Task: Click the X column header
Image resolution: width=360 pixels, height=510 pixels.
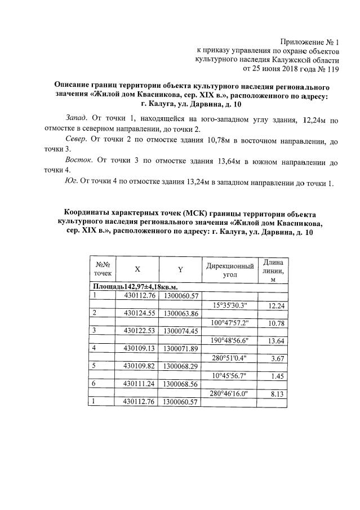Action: click(x=137, y=269)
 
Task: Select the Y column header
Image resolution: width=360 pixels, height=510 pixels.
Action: click(x=180, y=269)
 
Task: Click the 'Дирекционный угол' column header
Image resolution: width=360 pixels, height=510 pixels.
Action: click(x=229, y=269)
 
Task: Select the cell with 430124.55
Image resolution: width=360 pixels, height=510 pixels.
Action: click(x=138, y=313)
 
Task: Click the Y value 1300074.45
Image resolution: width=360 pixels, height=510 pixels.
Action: click(x=180, y=330)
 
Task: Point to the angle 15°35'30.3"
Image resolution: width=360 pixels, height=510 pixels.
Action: click(x=230, y=305)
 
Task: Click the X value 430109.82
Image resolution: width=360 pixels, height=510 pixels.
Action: click(x=138, y=366)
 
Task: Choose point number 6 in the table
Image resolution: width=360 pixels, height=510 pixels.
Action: click(x=95, y=383)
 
